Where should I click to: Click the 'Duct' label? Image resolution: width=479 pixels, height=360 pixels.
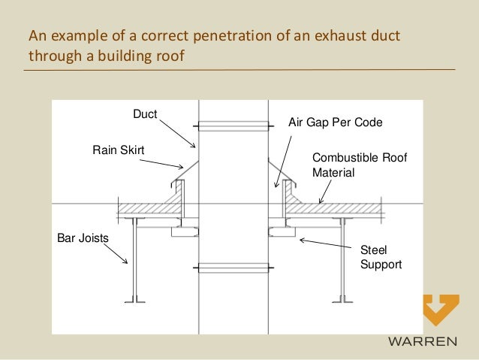coord(145,114)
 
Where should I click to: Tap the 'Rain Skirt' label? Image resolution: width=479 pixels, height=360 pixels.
coord(118,150)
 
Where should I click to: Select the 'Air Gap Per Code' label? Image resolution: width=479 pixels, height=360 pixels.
coord(335,120)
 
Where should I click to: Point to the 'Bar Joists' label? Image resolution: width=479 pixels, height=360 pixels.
coord(83,238)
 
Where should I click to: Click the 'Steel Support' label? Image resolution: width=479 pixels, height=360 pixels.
coord(381,257)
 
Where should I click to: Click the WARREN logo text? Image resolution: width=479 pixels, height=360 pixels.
coord(421,343)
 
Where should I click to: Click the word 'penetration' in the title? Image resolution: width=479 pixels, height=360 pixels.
coord(185,35)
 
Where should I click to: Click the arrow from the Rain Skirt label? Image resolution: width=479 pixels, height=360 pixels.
coord(170,161)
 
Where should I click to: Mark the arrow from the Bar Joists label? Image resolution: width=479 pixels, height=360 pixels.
coord(119,253)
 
